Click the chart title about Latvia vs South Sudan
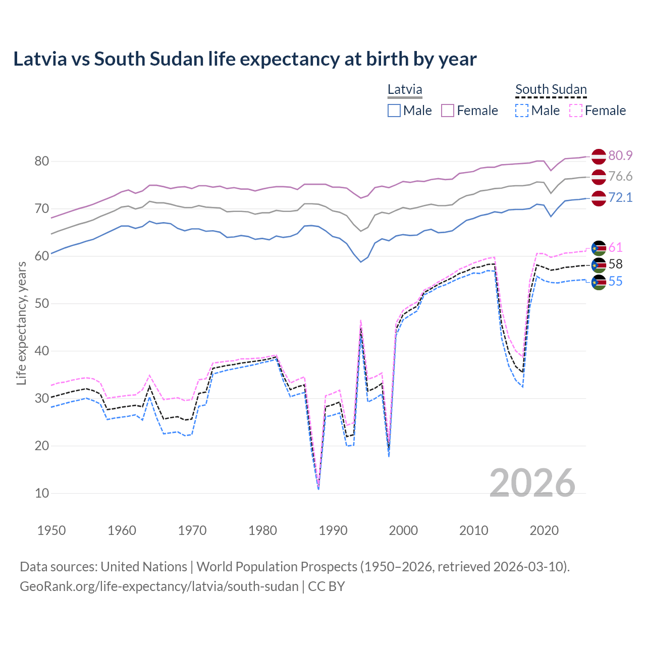coord(245,59)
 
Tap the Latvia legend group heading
coord(405,90)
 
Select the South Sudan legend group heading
coord(551,90)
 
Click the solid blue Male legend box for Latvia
coord(394,111)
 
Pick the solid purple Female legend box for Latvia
coord(448,111)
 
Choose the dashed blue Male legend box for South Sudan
coord(522,111)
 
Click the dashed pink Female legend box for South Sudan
coord(576,111)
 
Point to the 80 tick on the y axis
coord(41,161)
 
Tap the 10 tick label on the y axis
coord(41,493)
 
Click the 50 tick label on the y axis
coord(41,303)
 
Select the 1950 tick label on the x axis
coord(51,530)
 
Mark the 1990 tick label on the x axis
coord(333,530)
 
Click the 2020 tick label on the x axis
coord(544,530)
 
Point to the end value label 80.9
coord(620,155)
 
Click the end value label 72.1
coord(620,197)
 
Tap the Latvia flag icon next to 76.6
coord(599,177)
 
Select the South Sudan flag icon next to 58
coord(599,265)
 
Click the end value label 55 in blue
coord(615,282)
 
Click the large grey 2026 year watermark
coord(532,483)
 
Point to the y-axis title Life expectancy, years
coord(21,323)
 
